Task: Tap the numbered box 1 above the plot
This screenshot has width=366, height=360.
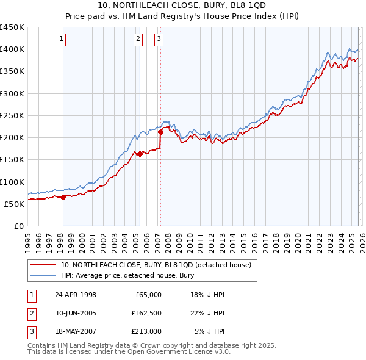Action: (62, 40)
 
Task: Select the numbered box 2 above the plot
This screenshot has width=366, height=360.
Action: (138, 40)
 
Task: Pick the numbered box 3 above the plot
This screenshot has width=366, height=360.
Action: (159, 40)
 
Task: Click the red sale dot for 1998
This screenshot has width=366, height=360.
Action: (63, 196)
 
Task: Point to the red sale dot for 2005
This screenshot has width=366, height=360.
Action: (140, 154)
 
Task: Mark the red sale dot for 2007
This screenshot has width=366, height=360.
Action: (160, 131)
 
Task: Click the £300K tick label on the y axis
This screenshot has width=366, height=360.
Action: (12, 93)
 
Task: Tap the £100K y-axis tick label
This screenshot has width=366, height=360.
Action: (12, 182)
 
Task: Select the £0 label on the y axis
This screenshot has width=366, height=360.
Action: (18, 226)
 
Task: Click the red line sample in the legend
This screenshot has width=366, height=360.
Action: (43, 265)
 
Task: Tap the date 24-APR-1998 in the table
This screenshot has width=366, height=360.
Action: (76, 295)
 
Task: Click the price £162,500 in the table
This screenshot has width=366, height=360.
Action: (146, 313)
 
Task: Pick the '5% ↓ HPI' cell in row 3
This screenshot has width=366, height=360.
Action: (209, 331)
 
